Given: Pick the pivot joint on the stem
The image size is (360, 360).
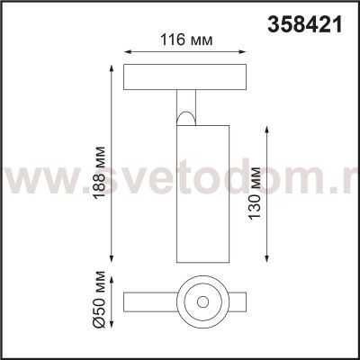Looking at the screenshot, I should tap(186, 114).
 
